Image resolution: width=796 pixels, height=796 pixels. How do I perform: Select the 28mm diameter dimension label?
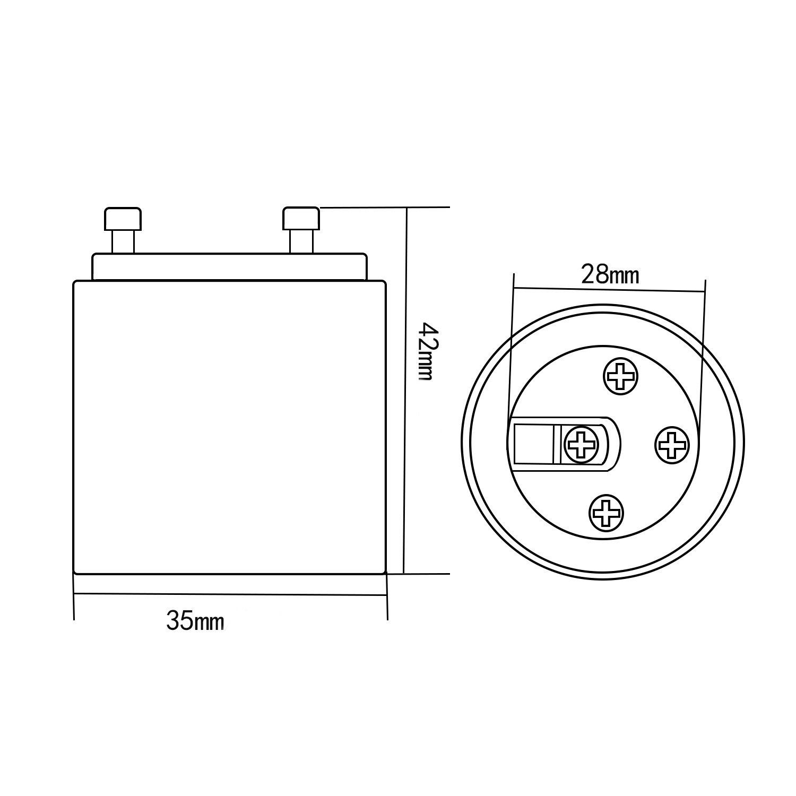(x=610, y=275)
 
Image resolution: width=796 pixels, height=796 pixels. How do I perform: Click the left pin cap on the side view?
(x=123, y=218)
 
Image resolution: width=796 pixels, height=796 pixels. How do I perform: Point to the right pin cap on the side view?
(x=301, y=218)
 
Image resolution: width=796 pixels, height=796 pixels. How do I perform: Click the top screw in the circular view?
(x=621, y=377)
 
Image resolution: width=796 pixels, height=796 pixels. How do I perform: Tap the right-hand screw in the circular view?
(x=672, y=443)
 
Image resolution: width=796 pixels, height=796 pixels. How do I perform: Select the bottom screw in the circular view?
(x=606, y=513)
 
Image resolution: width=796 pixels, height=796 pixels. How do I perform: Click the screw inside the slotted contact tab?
(x=582, y=444)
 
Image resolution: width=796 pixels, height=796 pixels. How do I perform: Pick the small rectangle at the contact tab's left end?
(x=534, y=444)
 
